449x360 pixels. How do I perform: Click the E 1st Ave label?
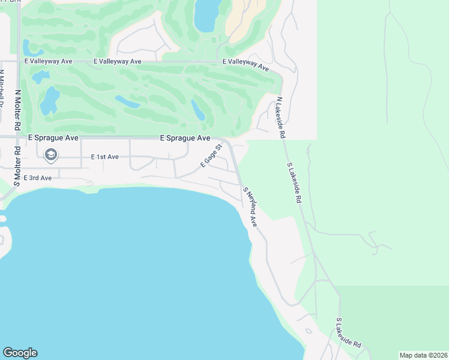click(x=104, y=157)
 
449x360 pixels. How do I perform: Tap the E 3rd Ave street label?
click(x=37, y=178)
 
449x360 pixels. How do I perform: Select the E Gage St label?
click(x=211, y=155)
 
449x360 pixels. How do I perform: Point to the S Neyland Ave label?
click(x=250, y=206)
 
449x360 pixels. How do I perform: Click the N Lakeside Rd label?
click(x=280, y=118)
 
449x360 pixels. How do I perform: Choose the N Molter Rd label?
click(x=18, y=110)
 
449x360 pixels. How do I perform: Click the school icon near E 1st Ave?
click(x=51, y=155)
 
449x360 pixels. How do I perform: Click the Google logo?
click(x=20, y=353)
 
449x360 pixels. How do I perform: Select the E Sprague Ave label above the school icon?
click(x=53, y=137)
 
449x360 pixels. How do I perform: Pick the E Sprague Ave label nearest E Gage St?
click(x=185, y=138)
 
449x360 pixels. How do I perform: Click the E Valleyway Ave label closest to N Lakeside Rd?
click(x=246, y=64)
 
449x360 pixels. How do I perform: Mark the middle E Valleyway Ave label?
click(x=117, y=61)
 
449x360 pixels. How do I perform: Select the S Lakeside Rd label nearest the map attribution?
click(x=348, y=333)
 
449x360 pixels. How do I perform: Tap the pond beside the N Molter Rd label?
click(x=49, y=100)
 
